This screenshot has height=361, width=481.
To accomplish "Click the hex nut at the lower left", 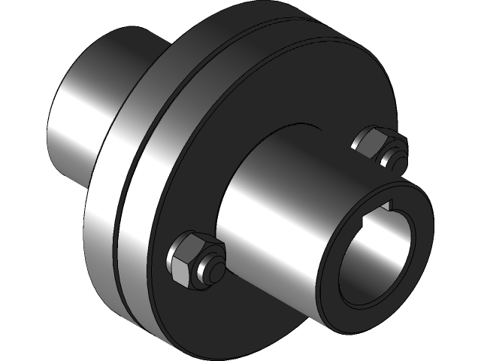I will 192,259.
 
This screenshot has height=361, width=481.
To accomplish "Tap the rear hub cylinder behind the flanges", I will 83,113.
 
